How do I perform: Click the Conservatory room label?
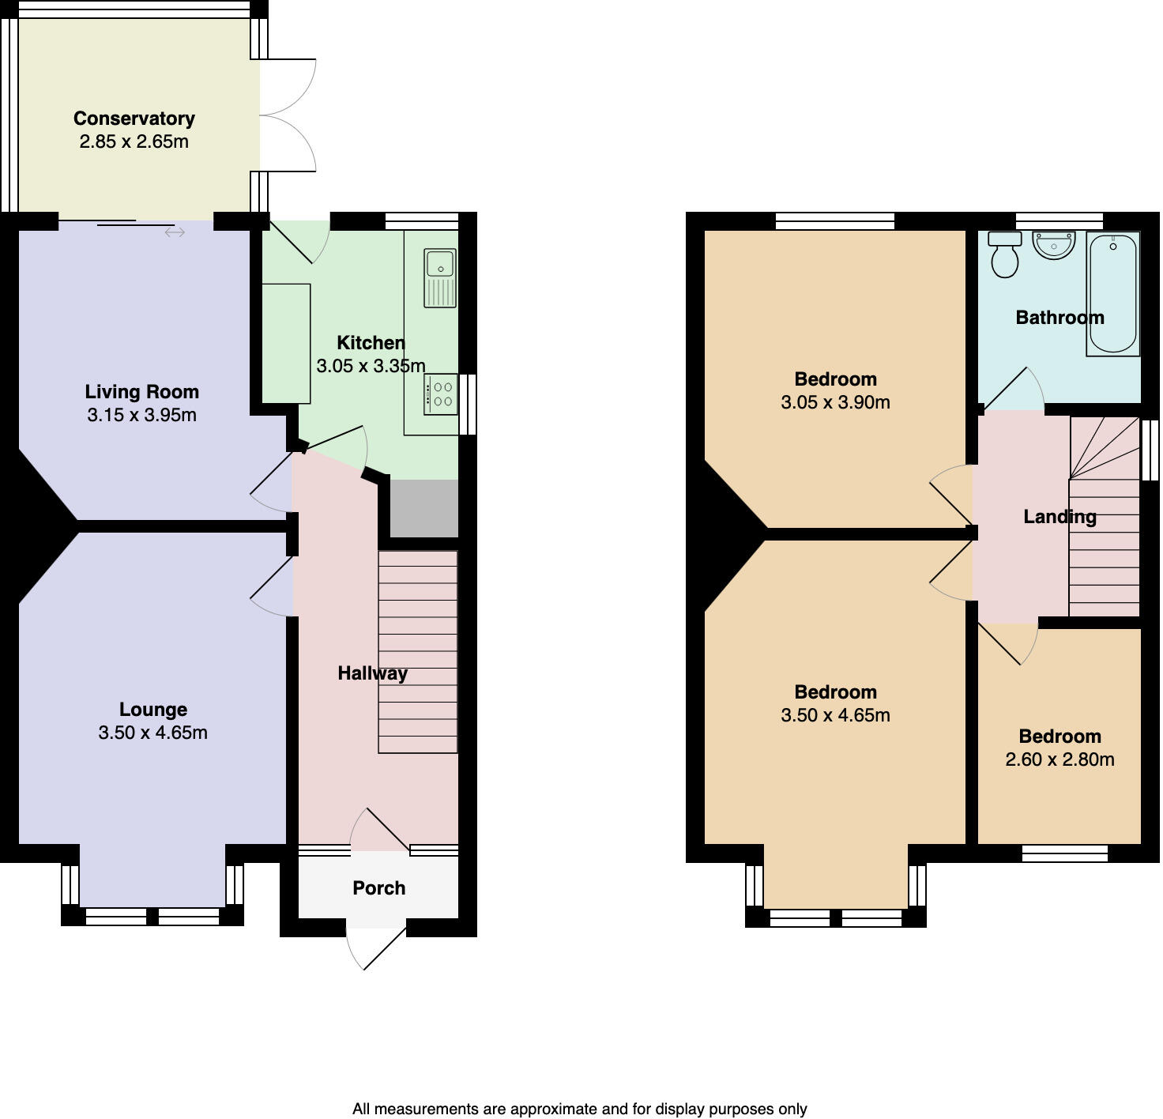coord(134,119)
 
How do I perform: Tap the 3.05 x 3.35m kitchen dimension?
coord(371,367)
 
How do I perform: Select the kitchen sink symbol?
coord(440,277)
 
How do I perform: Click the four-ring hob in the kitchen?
coord(440,394)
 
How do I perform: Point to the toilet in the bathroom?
coord(1005,254)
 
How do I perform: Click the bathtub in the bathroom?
coord(1112,293)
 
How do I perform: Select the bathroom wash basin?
coord(1054,244)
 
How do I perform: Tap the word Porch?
coord(378,888)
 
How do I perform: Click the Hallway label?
coord(372,673)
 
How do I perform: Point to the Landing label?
coord(1059,517)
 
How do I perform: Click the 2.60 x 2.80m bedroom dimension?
coord(1059,760)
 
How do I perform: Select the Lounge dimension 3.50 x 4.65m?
coord(152,733)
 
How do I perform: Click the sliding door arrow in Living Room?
coord(175,232)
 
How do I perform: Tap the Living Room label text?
coord(141,392)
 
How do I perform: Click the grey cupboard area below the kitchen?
coord(423,508)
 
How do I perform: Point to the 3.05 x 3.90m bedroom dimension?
coord(835,403)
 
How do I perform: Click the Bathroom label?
coord(1059,318)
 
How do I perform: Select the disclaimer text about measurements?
coord(579,1109)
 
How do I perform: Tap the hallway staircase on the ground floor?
coord(418,652)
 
